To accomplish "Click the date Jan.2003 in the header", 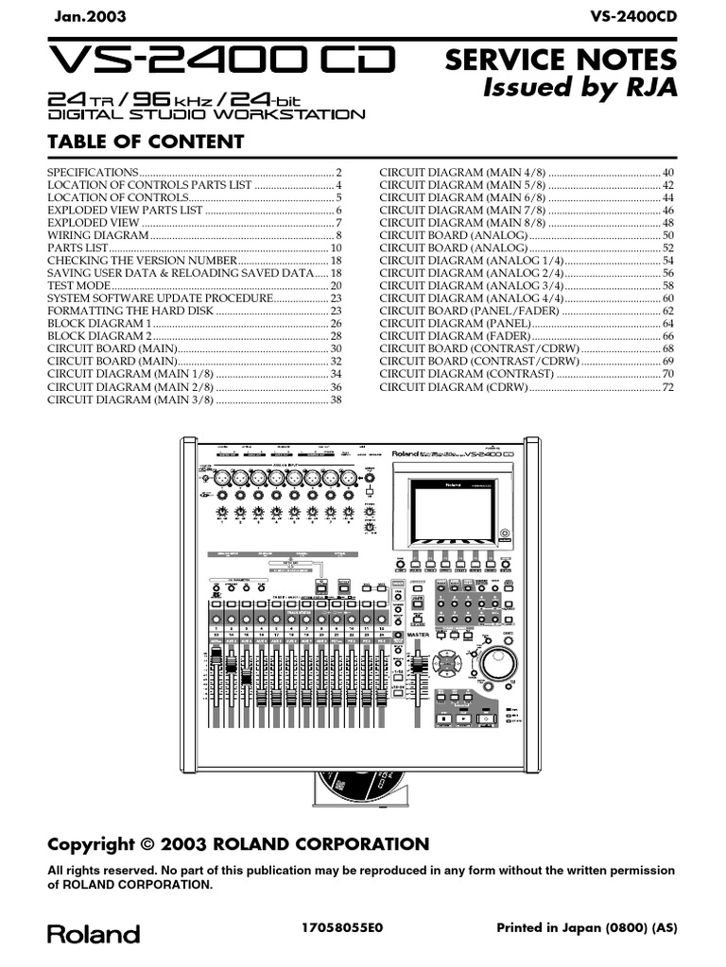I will click(x=86, y=17).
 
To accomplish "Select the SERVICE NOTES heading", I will click(x=561, y=60).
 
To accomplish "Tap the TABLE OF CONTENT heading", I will click(x=146, y=143).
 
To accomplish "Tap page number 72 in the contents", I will click(x=667, y=386).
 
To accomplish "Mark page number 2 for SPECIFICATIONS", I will click(x=337, y=172).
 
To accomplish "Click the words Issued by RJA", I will click(x=579, y=88).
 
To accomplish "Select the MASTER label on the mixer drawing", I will click(x=418, y=636).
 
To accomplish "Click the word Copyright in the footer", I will click(x=92, y=844).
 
